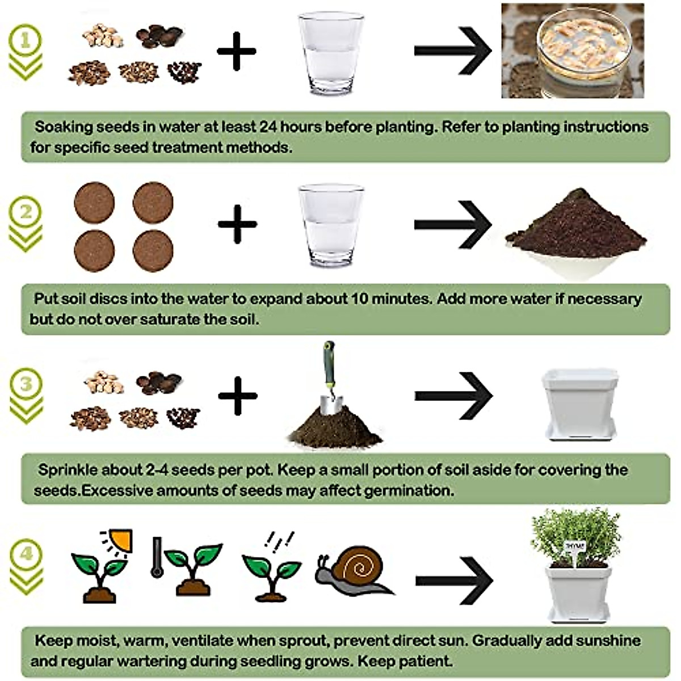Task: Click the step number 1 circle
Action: coord(25,40)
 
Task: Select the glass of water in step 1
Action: coord(331,54)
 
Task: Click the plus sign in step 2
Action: coord(237,224)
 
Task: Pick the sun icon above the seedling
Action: coord(119,539)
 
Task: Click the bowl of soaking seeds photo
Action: coord(573,51)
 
